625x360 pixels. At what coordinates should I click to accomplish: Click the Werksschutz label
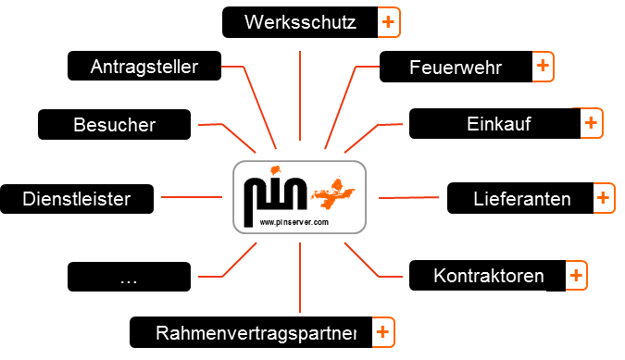point(300,22)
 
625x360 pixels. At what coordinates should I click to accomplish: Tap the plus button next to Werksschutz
point(389,22)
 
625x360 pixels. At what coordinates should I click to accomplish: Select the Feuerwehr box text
point(456,68)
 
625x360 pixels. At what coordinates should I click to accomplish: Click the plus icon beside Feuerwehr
point(543,67)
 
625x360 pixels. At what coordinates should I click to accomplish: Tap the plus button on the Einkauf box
point(591,123)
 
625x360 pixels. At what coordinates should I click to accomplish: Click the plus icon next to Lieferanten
point(603,198)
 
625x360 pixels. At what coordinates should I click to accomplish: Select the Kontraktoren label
point(488,275)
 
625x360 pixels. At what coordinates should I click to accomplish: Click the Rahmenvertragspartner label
point(256,331)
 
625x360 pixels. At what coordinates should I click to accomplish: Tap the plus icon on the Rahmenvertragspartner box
point(382,331)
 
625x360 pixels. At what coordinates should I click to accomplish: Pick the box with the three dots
point(130,276)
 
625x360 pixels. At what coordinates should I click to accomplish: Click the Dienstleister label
point(76,198)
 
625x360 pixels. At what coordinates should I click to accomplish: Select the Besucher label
point(115,124)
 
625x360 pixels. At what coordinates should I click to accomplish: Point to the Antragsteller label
point(144,67)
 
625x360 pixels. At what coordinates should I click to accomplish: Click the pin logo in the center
point(299,197)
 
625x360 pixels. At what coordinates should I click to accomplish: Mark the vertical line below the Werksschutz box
point(301,93)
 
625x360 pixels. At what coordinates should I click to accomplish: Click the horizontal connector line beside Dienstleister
point(191,196)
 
